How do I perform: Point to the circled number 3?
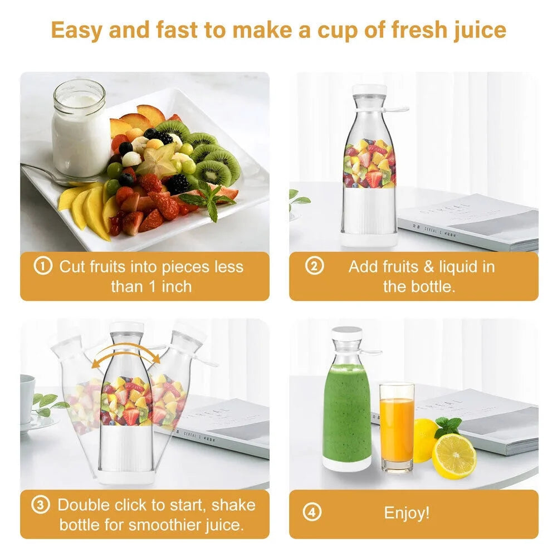(40, 505)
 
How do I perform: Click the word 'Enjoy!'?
(407, 512)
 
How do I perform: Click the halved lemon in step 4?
(454, 456)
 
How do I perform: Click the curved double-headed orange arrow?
(125, 354)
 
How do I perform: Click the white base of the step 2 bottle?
(369, 238)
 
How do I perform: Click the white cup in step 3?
(27, 398)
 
